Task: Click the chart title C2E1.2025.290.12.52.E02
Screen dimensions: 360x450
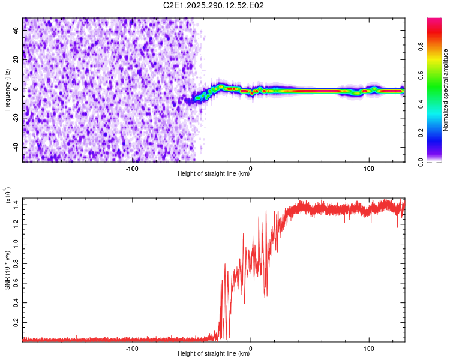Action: (x=214, y=5)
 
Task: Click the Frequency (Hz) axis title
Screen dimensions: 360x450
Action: (x=7, y=90)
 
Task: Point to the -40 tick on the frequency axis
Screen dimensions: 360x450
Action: (x=16, y=147)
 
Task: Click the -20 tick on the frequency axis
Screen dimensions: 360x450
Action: (x=16, y=118)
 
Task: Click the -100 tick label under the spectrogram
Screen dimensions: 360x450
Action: (x=132, y=169)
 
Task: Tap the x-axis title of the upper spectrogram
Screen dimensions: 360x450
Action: (x=214, y=174)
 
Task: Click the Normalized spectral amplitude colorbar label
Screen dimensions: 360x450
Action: (x=446, y=90)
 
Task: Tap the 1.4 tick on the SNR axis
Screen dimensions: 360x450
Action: (x=16, y=205)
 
